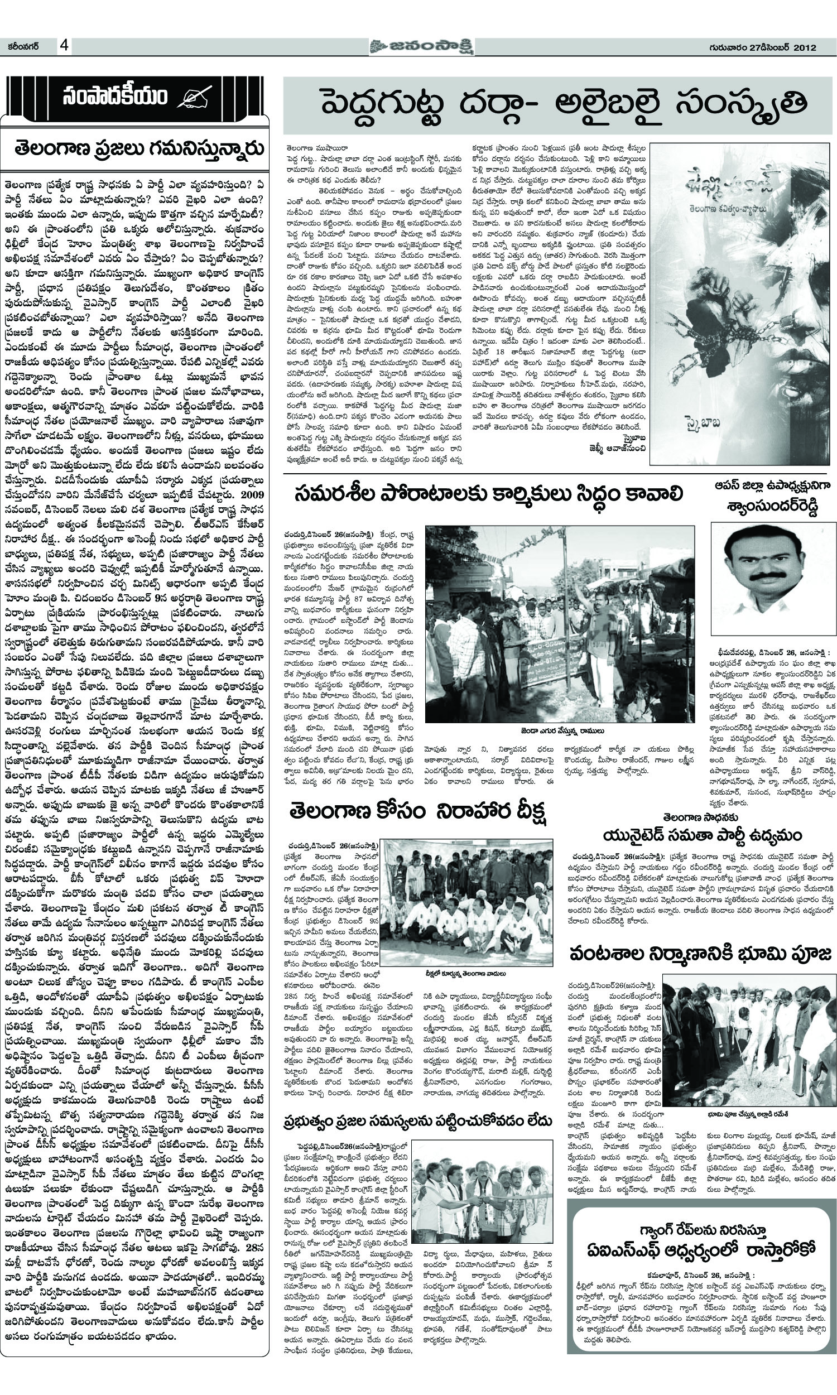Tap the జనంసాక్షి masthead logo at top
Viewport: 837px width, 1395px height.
click(x=418, y=46)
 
